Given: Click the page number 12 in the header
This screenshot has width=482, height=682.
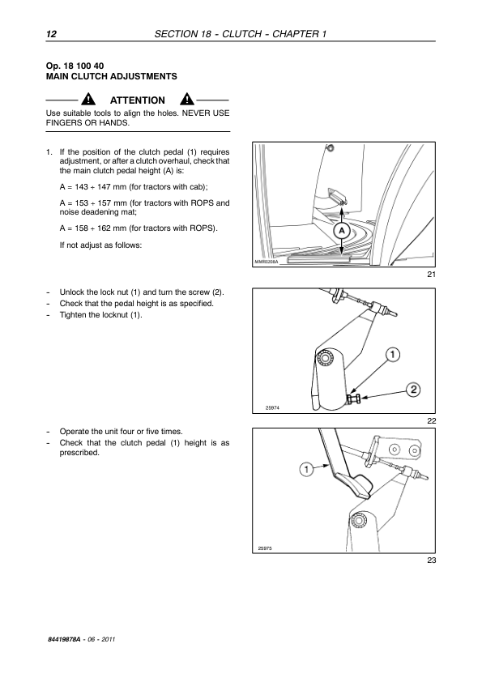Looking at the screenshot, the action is (51, 34).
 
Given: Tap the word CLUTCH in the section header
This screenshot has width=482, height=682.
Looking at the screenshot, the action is (242, 34).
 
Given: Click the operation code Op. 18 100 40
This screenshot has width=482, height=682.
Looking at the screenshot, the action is (75, 66).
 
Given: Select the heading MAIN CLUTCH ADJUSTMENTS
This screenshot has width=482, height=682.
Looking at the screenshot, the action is (111, 77).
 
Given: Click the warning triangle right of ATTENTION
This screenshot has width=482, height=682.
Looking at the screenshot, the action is (187, 99).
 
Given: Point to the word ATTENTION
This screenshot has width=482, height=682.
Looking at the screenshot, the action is (138, 100).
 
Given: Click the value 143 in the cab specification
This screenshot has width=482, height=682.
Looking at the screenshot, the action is (81, 187).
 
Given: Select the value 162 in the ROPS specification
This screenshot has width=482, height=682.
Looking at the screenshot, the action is (104, 228).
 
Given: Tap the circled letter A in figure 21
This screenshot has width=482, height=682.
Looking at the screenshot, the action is (342, 231).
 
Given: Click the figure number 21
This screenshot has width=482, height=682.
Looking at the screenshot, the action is (431, 274).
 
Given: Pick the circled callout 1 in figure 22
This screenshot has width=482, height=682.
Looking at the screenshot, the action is (393, 355).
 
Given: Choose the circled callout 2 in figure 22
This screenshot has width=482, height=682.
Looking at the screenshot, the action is (413, 390).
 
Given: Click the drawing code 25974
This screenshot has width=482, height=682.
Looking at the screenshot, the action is (272, 407).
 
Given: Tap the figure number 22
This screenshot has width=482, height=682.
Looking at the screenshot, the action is (431, 420).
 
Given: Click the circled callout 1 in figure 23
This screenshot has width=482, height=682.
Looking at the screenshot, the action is (307, 469).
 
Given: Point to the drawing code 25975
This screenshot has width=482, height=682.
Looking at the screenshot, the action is (265, 548).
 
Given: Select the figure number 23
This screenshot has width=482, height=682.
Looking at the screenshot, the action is (431, 561).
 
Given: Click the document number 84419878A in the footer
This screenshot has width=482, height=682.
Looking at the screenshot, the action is (64, 639).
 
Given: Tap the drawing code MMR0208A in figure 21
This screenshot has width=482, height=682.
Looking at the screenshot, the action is (267, 262).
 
